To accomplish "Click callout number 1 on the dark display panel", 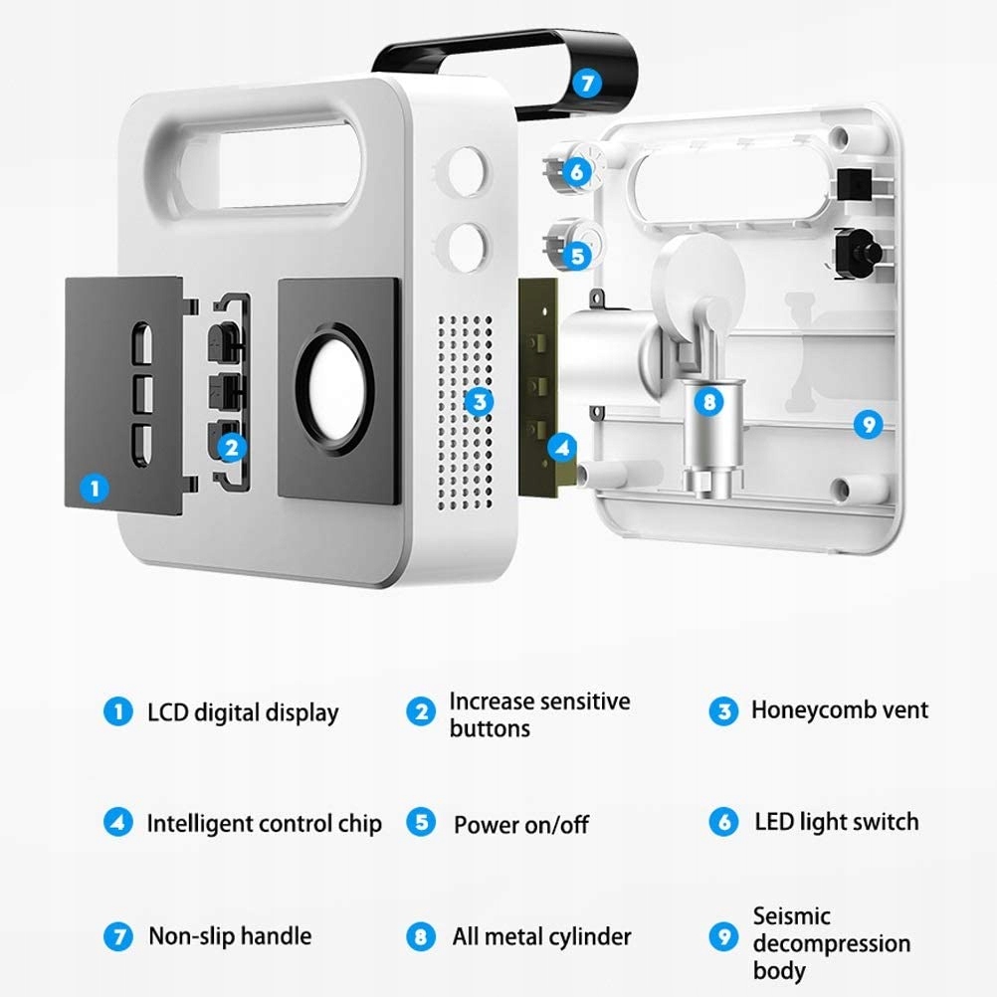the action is click(96, 488).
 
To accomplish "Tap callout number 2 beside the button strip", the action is click(232, 447).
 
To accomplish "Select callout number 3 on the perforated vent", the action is click(480, 401).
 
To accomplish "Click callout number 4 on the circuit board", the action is click(562, 448).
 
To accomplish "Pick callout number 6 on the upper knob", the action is click(576, 171).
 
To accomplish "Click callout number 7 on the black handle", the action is click(587, 83).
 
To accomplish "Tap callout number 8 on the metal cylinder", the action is click(708, 402).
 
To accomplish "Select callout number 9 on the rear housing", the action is click(869, 425).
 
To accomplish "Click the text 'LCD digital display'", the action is click(243, 712).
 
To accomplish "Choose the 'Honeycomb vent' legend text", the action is click(839, 710).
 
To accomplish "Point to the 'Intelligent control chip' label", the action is click(264, 824).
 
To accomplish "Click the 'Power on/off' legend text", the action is click(521, 825).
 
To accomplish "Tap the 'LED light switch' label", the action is click(836, 822).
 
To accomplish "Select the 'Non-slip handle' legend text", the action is click(230, 936).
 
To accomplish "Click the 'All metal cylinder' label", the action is click(541, 937).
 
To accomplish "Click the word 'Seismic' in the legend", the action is click(791, 916).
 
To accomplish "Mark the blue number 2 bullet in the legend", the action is click(421, 711).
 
